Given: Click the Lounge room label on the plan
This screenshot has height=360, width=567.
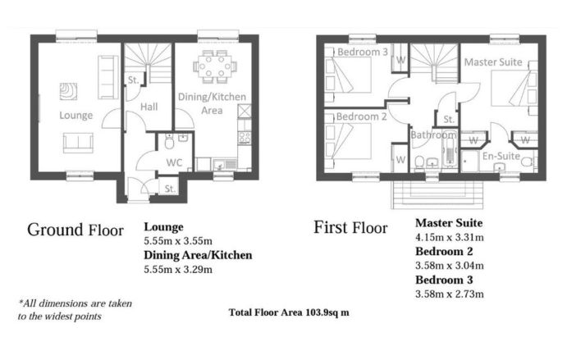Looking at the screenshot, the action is pyautogui.click(x=76, y=116).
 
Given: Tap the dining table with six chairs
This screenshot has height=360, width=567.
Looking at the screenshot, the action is pyautogui.click(x=215, y=66).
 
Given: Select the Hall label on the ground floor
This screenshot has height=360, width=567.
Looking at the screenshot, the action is pyautogui.click(x=149, y=107).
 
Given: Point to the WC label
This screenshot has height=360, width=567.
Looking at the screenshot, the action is pyautogui.click(x=174, y=162).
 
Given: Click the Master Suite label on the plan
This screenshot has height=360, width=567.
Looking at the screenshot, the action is pyautogui.click(x=493, y=62).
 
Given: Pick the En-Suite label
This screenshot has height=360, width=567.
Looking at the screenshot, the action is pyautogui.click(x=501, y=156).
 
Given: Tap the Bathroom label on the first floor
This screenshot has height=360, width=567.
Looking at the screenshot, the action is pyautogui.click(x=433, y=134).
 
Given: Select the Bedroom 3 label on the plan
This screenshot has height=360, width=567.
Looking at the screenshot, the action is pyautogui.click(x=363, y=52).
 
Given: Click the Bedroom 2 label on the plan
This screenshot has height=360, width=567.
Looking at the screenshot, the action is pyautogui.click(x=361, y=116).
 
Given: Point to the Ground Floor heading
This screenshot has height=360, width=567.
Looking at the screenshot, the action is pyautogui.click(x=75, y=230).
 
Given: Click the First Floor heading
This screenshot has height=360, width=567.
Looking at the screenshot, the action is pyautogui.click(x=350, y=228).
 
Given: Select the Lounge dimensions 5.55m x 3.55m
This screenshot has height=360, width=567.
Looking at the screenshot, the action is pyautogui.click(x=178, y=241).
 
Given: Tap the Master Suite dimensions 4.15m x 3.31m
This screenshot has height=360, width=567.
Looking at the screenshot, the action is pyautogui.click(x=450, y=237).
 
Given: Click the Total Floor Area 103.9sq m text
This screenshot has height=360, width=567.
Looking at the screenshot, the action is pyautogui.click(x=289, y=312).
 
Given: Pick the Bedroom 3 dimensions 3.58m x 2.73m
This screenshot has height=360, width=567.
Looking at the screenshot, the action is pyautogui.click(x=450, y=294).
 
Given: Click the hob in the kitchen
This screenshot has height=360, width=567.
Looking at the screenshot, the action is pyautogui.click(x=245, y=137).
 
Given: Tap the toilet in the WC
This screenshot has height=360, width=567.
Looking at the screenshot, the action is pyautogui.click(x=169, y=141).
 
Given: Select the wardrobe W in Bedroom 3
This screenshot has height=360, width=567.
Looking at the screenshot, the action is pyautogui.click(x=400, y=58).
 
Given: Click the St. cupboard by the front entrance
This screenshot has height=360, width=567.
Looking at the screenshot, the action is pyautogui.click(x=169, y=187).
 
